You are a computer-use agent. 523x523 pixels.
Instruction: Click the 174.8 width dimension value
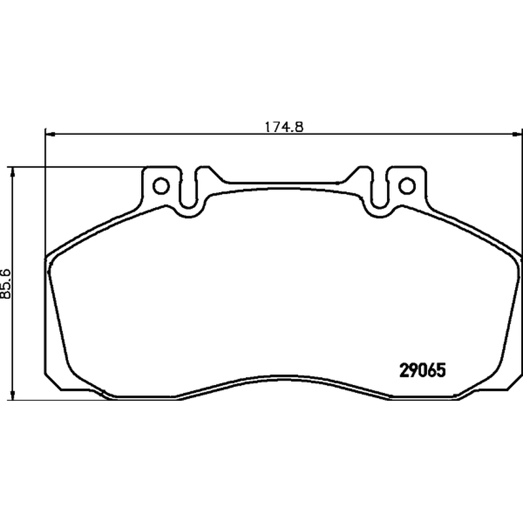[x=284, y=127]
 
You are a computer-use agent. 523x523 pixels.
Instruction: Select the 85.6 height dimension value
[x=6, y=283]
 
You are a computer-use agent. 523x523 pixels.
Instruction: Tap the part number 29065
[x=422, y=370]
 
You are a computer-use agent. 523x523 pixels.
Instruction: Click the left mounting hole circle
[x=161, y=186]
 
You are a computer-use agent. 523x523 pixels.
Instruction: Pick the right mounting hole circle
[x=407, y=186]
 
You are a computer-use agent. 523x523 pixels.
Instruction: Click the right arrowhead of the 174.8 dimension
[x=517, y=134]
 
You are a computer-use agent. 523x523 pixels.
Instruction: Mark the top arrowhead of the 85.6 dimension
[x=12, y=171]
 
